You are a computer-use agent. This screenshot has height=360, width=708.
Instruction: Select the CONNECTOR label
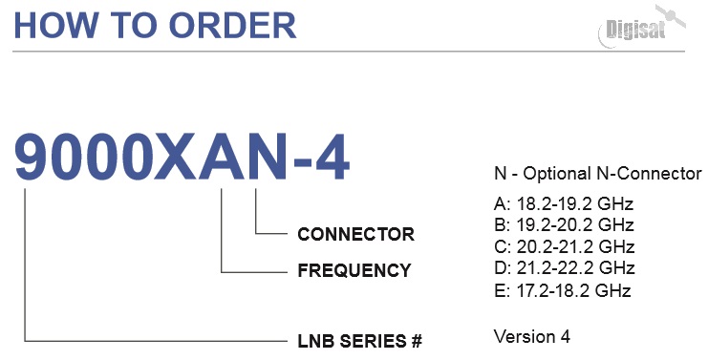coord(355,234)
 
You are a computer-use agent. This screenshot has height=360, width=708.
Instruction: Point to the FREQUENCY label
coord(354,270)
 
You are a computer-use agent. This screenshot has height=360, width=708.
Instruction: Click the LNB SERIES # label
coord(360,341)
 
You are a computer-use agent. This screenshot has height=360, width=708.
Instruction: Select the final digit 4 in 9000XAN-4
coord(332,159)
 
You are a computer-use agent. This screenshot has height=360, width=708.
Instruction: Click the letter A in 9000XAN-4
coord(219,159)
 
